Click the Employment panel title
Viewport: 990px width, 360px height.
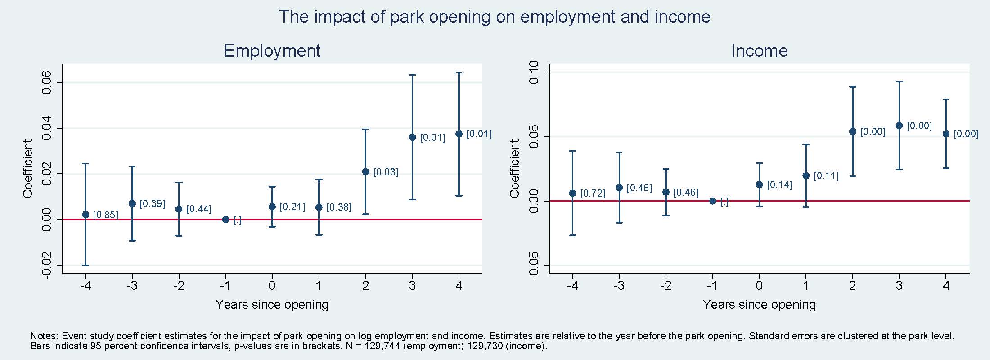(272, 51)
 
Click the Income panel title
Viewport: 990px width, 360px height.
(759, 51)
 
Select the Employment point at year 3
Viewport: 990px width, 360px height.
(412, 137)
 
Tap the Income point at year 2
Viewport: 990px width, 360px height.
(852, 131)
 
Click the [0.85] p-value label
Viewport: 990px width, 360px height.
(105, 215)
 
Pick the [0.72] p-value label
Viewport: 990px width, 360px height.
(593, 193)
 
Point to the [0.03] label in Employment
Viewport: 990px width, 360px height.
(386, 172)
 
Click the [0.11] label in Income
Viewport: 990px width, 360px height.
(826, 176)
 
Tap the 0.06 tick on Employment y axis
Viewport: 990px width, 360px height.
(47, 82)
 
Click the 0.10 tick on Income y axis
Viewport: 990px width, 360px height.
(534, 72)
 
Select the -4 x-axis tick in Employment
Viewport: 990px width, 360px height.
(85, 286)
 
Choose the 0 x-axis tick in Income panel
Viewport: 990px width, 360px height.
(759, 286)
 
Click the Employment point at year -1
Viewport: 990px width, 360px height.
(225, 220)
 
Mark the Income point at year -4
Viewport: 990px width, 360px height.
(572, 193)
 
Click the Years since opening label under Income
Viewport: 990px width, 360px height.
(759, 305)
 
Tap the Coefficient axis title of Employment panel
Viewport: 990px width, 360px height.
(28, 169)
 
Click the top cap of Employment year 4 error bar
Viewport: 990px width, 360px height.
(459, 72)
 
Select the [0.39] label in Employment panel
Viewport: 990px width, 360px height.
(152, 204)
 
